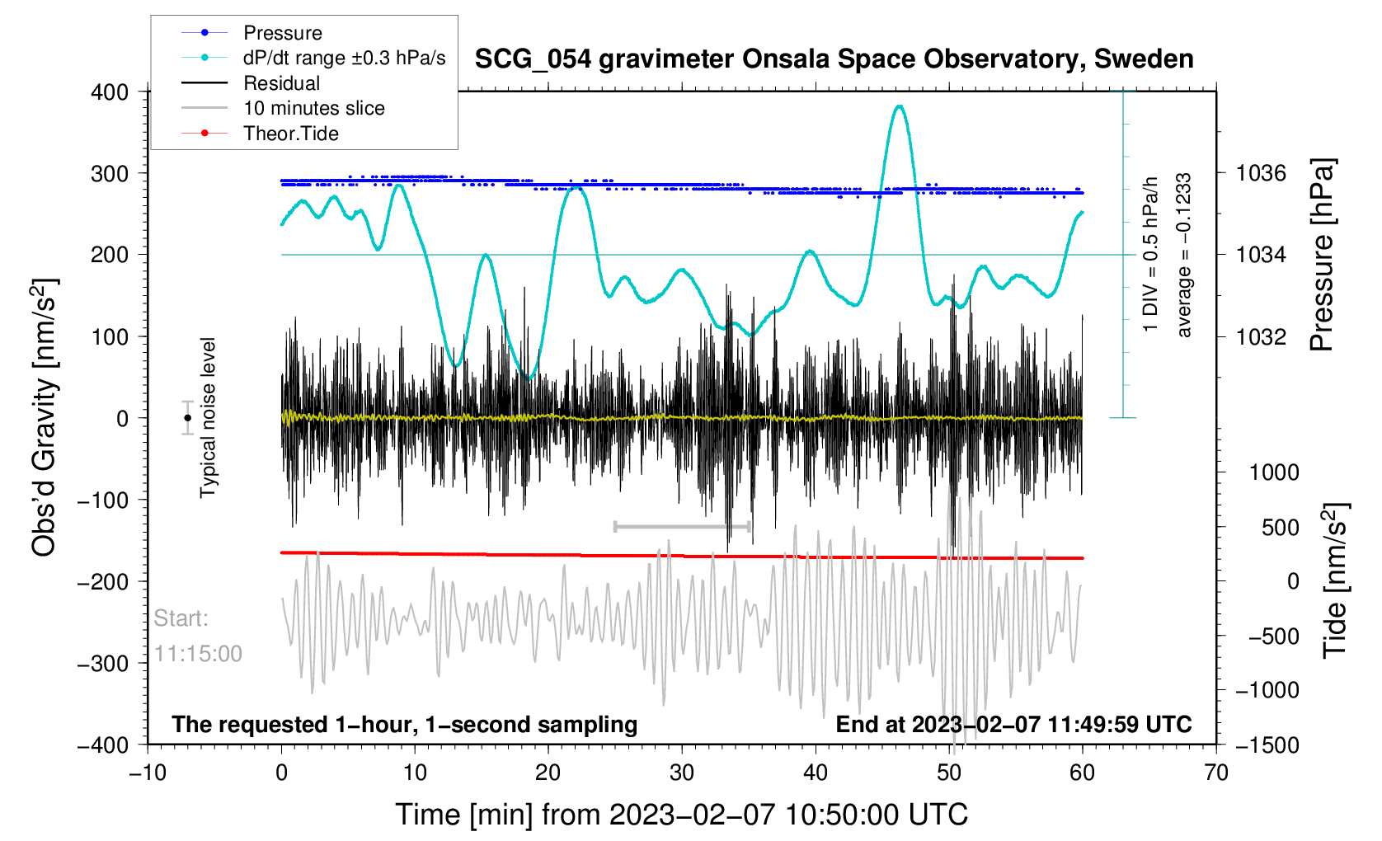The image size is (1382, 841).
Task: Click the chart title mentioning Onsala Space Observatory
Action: [834, 59]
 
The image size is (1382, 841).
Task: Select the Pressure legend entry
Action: [282, 33]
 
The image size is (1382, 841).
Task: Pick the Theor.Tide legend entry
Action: [290, 134]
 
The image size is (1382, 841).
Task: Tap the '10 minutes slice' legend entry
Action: [313, 108]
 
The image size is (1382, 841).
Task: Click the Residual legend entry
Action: [281, 83]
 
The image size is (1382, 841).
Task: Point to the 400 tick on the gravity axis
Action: [110, 92]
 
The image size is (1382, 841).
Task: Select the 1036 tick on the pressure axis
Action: [1261, 173]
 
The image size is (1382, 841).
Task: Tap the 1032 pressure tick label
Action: [1261, 336]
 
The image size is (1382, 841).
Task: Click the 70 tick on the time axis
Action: [1215, 773]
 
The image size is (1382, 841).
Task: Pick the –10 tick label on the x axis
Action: [148, 773]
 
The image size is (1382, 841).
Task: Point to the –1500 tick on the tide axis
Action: [1267, 745]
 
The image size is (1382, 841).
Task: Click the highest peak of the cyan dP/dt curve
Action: [900, 106]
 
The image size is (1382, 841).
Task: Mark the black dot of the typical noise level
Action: [188, 418]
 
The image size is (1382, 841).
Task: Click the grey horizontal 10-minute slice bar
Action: [682, 526]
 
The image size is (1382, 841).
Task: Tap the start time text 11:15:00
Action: [198, 654]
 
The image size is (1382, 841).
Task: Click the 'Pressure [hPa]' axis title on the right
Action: [1321, 255]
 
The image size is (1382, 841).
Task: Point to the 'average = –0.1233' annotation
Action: [1184, 255]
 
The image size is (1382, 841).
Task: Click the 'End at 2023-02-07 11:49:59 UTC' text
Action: [1013, 725]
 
